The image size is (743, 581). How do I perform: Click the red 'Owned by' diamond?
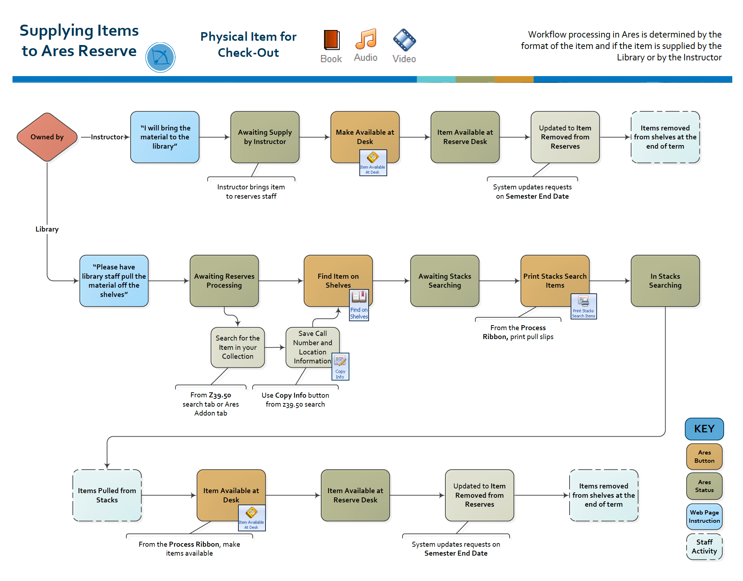[47, 137]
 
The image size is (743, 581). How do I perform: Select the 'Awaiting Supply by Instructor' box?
[265, 137]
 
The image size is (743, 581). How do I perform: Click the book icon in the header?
[331, 40]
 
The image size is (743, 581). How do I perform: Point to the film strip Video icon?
[404, 40]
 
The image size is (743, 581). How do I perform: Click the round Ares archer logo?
[160, 58]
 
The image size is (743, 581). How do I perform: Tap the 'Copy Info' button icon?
[340, 366]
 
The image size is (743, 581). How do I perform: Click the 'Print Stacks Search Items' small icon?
[583, 306]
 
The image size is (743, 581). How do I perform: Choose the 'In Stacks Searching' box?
[665, 280]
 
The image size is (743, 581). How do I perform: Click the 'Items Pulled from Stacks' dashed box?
[107, 495]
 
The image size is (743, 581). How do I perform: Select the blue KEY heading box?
[704, 429]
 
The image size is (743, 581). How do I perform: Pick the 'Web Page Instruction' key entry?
[704, 516]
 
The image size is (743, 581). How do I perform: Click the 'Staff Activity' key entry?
[704, 546]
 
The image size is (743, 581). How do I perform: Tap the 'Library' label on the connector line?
[47, 229]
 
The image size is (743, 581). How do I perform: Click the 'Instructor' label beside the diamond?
[107, 137]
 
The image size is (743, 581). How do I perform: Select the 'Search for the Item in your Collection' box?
[238, 347]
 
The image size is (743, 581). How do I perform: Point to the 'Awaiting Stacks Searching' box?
[445, 280]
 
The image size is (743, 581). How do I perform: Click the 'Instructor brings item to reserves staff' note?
[251, 191]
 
